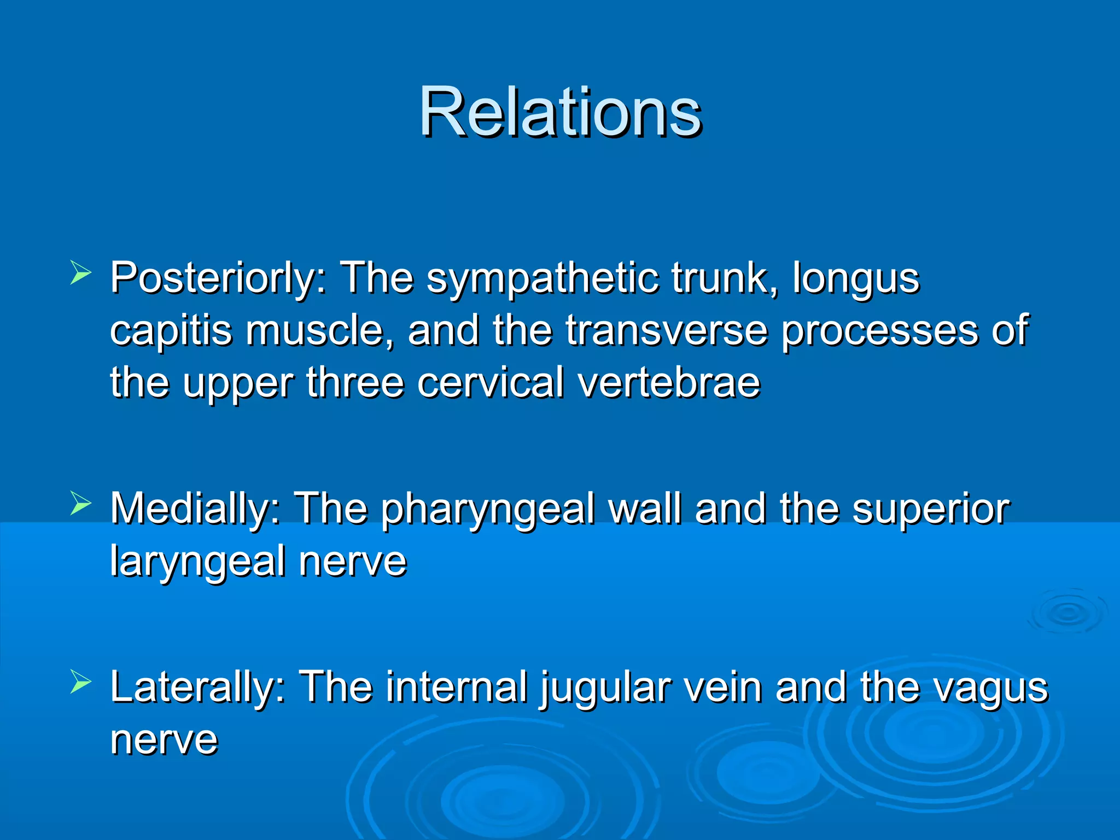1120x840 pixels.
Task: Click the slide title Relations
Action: click(x=560, y=112)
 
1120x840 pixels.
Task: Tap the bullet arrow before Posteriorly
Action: click(x=80, y=273)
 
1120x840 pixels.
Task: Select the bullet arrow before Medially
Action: click(x=80, y=504)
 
